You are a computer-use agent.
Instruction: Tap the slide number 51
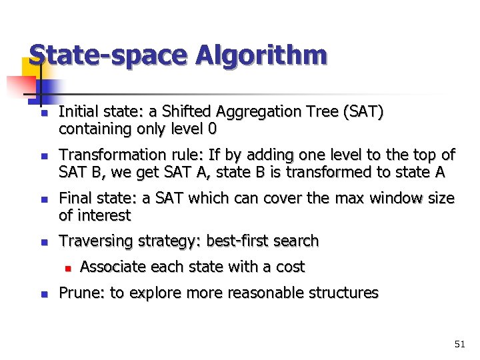coord(459,344)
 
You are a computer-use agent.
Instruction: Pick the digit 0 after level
coord(212,129)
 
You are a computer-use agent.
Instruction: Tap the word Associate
coord(113,267)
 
